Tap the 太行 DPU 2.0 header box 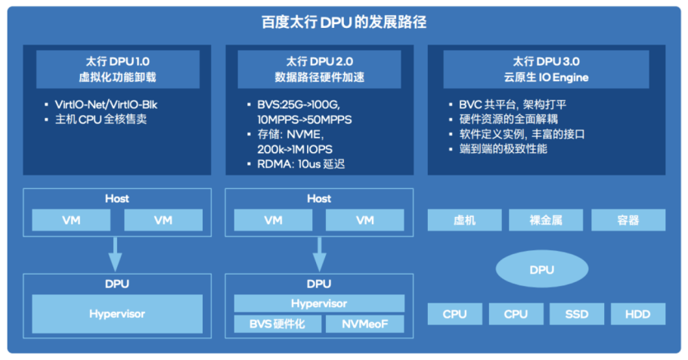(319, 69)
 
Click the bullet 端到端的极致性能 (504, 149)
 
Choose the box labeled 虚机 (463, 220)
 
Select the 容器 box (628, 220)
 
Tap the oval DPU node (541, 270)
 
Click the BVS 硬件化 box (274, 325)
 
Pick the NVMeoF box (364, 325)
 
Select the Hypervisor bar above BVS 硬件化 (319, 303)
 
